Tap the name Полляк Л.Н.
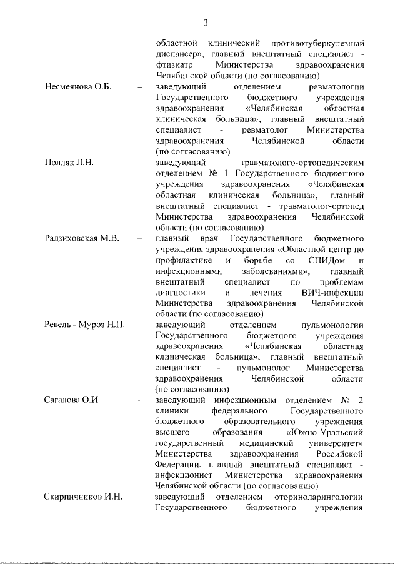(x=69, y=163)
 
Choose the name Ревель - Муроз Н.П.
(x=85, y=326)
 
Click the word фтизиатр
(x=174, y=64)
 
